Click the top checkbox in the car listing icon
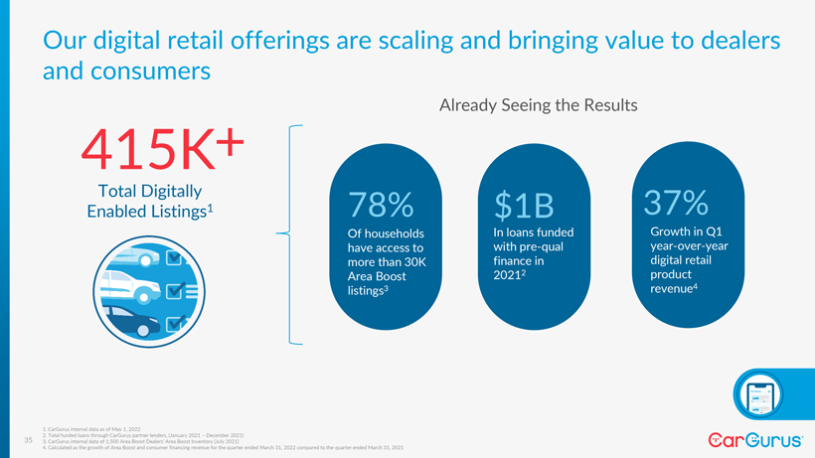[175, 259]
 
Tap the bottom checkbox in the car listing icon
[175, 324]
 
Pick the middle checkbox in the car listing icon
[175, 292]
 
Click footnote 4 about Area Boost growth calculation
[224, 448]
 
